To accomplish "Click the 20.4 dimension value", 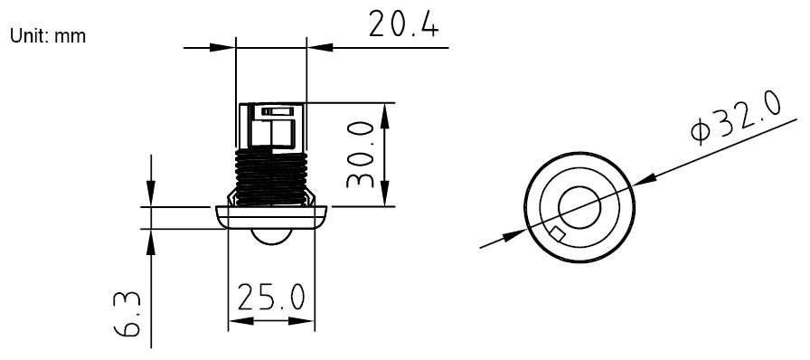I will pyautogui.click(x=403, y=25).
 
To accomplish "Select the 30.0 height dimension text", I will pyautogui.click(x=361, y=155).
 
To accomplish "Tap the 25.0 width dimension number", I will pyautogui.click(x=270, y=297).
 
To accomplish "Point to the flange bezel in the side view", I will pyautogui.click(x=270, y=217).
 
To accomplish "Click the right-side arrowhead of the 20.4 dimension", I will pyautogui.click(x=316, y=46).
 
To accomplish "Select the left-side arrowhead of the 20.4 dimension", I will pyautogui.click(x=225, y=46).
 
